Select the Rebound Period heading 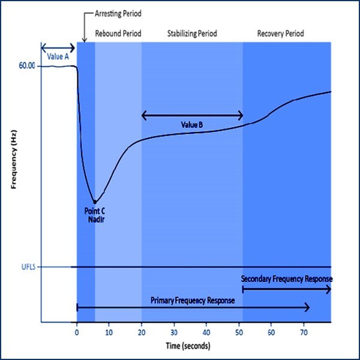point(118,34)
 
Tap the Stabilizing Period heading point(192,34)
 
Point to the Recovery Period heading point(280,34)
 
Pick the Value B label point(192,124)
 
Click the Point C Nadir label point(95,215)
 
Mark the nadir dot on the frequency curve point(95,202)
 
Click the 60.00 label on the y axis point(26,65)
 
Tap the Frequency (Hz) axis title point(13,162)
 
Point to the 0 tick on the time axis point(77,332)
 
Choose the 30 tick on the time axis point(174,332)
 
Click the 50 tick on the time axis point(239,332)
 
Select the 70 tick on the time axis point(304,332)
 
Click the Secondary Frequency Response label point(286,280)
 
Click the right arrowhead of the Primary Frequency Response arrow point(308,307)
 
